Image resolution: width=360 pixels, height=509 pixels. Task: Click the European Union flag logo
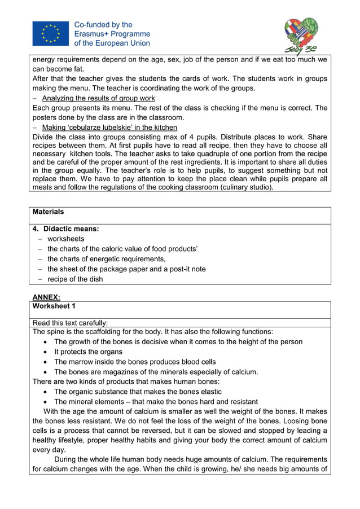50,34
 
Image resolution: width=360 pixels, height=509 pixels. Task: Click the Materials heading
49,212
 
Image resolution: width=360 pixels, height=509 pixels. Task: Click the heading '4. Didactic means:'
66,229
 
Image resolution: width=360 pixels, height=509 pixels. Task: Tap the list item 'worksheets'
66,239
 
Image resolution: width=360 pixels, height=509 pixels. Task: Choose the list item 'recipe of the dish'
75,279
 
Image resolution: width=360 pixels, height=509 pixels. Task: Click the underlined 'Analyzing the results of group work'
98,98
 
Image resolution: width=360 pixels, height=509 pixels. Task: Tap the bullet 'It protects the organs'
88,352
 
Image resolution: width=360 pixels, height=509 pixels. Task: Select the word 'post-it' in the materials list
179,269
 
